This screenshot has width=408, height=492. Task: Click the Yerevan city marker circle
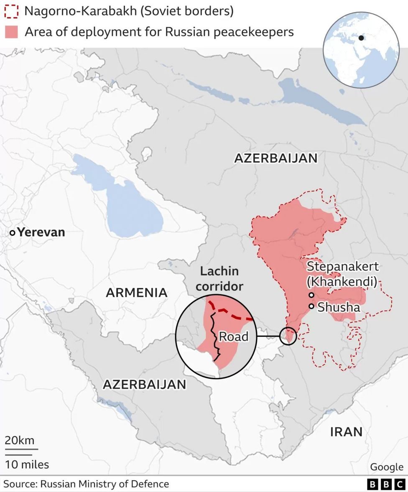coord(13,232)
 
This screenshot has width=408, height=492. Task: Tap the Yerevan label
coord(41,232)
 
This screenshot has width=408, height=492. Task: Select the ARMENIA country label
coord(136,293)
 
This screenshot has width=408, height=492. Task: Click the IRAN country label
coord(346,432)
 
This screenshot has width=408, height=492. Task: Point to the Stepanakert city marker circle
coord(311,295)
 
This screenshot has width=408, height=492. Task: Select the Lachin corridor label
coord(219,279)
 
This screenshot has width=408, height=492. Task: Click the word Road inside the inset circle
coord(233,336)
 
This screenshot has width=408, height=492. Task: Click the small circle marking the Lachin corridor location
coord(288,336)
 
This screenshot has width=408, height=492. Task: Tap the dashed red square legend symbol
coord(11,11)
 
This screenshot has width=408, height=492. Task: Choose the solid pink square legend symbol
coord(11,32)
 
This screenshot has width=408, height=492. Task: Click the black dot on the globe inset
coord(361,38)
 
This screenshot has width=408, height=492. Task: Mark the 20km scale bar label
coord(20,441)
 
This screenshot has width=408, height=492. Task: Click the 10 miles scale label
coord(27,464)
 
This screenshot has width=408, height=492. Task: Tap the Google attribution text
coord(386,467)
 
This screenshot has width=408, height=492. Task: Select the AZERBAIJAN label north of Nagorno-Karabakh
coord(275,158)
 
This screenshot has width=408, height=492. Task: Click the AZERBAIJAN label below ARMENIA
coord(144,384)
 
